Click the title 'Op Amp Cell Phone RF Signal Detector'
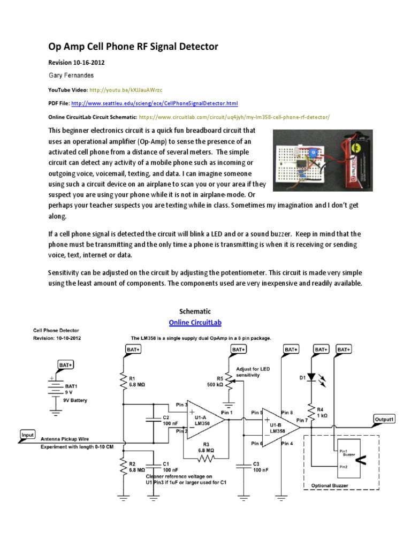133,47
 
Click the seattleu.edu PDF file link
154,103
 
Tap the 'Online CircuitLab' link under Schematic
195,323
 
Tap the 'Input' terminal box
28,435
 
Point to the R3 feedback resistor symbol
206,459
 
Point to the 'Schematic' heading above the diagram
195,311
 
